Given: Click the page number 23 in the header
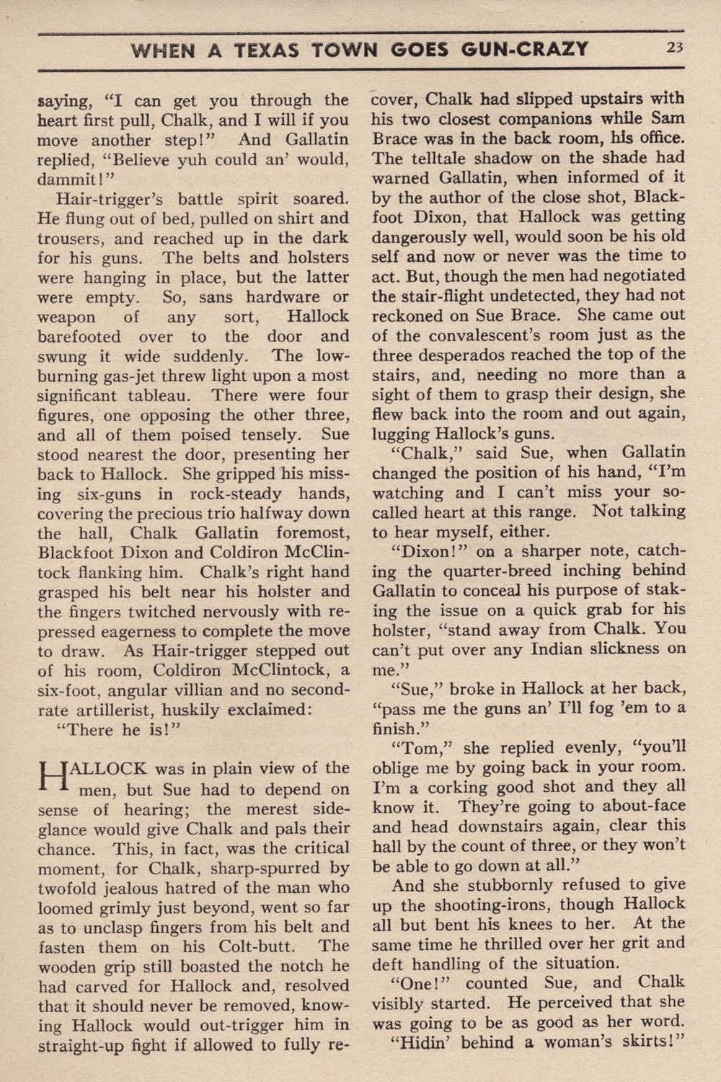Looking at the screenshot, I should click(x=675, y=49).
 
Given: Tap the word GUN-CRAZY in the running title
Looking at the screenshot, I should click(x=524, y=50).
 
